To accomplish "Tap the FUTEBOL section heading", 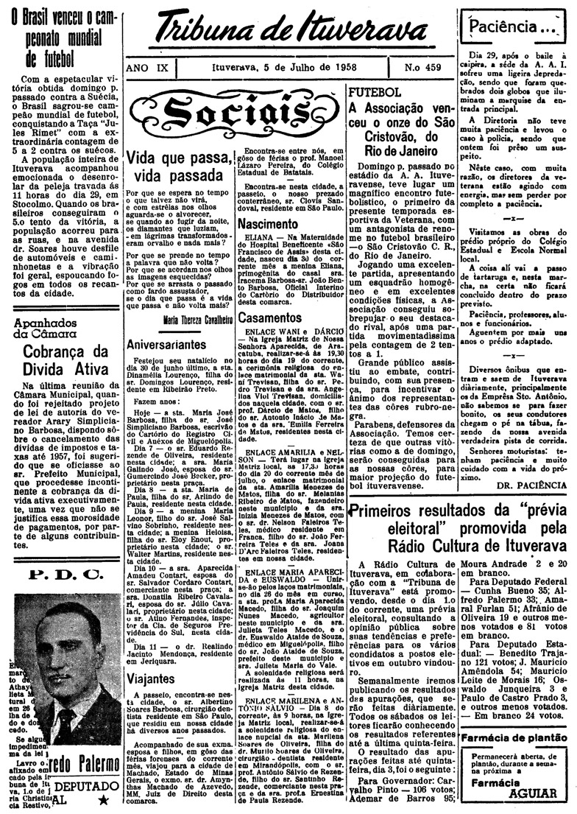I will click(x=374, y=93).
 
